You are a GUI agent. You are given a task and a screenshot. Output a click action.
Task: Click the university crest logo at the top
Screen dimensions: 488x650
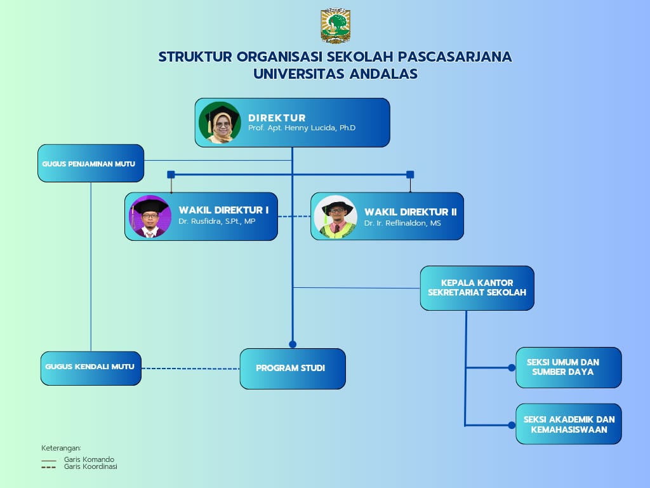click(336, 26)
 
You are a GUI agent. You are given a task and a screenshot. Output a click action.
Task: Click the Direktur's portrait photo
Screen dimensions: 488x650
click(220, 123)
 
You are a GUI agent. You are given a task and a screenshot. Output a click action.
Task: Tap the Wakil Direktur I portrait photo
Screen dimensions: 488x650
click(150, 216)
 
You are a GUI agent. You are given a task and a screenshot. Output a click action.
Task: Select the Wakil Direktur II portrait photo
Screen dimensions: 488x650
click(336, 217)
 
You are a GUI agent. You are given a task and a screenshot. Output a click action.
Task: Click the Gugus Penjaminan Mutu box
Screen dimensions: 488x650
click(91, 163)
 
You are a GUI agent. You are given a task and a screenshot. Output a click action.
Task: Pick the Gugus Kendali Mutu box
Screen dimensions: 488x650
click(91, 368)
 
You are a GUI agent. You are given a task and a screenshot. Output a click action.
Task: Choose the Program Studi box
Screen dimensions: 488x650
click(293, 369)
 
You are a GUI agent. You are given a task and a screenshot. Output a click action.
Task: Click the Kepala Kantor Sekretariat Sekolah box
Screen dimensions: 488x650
click(477, 288)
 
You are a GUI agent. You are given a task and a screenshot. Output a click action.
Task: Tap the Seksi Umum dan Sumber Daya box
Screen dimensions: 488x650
click(568, 367)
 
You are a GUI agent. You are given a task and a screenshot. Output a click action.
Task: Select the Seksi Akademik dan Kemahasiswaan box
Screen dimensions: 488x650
click(568, 424)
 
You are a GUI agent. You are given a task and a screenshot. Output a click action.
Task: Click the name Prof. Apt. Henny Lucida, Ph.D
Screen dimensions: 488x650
click(302, 128)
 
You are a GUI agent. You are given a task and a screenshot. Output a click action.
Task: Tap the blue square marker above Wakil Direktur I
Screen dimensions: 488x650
click(171, 174)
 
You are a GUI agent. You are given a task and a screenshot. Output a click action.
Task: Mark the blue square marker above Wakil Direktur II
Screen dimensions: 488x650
click(410, 174)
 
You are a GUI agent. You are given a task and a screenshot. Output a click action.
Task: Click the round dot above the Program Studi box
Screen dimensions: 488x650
click(293, 344)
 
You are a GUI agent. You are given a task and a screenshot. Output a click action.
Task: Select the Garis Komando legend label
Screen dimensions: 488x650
click(89, 459)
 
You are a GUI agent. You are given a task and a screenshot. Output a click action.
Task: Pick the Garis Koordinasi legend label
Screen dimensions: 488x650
click(91, 466)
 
